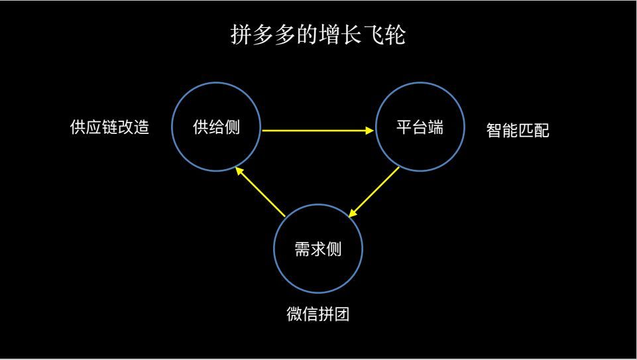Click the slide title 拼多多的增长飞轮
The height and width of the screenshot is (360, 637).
[318, 34]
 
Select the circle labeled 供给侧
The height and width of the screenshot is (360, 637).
[172, 127]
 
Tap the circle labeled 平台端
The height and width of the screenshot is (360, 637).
[376, 127]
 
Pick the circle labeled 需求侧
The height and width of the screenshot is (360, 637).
[274, 249]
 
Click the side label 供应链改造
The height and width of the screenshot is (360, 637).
[109, 127]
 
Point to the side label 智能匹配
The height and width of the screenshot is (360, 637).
[518, 131]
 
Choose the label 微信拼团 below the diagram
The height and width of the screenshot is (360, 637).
[318, 314]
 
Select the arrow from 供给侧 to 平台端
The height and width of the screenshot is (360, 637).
[318, 131]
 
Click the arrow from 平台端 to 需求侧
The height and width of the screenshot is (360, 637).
[374, 192]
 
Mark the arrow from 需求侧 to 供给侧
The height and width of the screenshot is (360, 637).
[261, 192]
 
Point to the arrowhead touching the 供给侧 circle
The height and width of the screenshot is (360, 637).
[240, 170]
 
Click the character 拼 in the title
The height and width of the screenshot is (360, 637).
[241, 34]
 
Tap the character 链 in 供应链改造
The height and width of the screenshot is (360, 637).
[109, 127]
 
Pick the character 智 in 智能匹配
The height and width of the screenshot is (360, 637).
[494, 131]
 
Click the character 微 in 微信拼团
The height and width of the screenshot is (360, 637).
[294, 314]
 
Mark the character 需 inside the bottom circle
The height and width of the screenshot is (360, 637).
[302, 249]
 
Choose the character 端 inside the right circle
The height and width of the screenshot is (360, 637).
[435, 127]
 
